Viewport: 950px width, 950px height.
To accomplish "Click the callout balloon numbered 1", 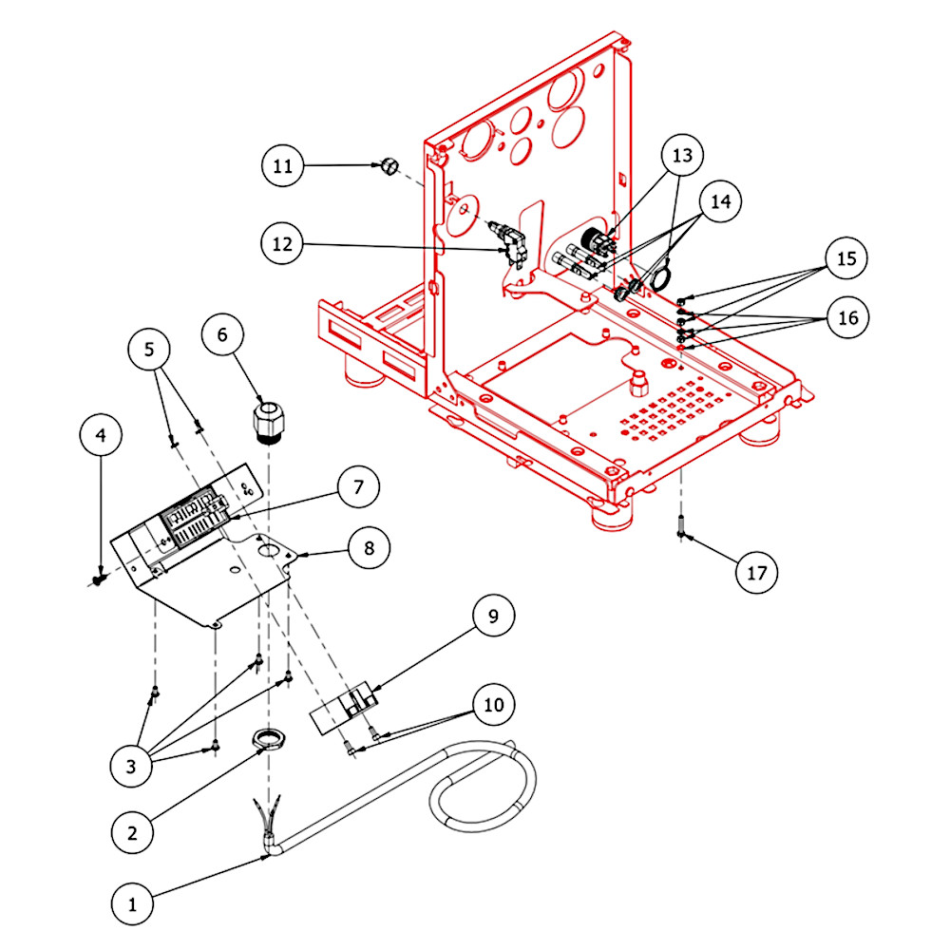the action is (132, 904).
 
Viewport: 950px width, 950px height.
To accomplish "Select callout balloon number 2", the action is (132, 832).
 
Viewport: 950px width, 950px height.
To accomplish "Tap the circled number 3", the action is (131, 766).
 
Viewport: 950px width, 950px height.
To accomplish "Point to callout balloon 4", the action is (101, 434).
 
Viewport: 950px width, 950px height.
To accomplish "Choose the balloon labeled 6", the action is (222, 333).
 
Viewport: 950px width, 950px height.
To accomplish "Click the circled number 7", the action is (358, 486).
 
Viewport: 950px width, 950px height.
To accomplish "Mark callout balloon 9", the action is (493, 616).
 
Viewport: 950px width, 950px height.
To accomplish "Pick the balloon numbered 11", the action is (282, 165).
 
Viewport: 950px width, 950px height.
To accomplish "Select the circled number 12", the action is (282, 243).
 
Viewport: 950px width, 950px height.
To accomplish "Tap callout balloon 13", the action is (682, 155).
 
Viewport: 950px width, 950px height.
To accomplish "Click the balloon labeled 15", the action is (846, 258).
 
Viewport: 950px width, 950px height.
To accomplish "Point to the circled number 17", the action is (757, 573).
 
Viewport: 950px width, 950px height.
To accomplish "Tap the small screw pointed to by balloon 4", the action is (98, 579).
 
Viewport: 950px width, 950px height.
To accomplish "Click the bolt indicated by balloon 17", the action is (681, 526).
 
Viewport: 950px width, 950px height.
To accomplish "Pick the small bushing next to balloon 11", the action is (389, 165).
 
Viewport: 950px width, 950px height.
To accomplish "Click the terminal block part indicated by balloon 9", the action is (344, 706).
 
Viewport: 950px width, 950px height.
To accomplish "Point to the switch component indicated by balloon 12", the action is (509, 243).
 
